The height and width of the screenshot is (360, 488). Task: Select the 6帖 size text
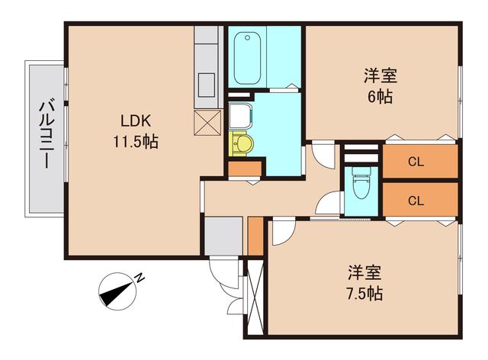click(x=380, y=98)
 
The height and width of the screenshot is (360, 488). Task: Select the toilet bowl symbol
click(x=360, y=184)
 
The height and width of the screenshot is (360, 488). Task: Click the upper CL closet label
click(x=416, y=162)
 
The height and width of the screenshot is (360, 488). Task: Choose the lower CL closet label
click(x=416, y=201)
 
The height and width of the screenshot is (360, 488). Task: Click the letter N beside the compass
click(x=140, y=278)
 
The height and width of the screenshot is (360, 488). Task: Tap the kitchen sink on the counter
click(x=207, y=82)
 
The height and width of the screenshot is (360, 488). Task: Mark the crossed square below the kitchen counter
click(x=207, y=121)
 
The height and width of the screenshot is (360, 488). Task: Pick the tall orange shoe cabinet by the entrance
click(x=255, y=237)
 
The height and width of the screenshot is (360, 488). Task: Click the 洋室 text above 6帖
click(x=380, y=76)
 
